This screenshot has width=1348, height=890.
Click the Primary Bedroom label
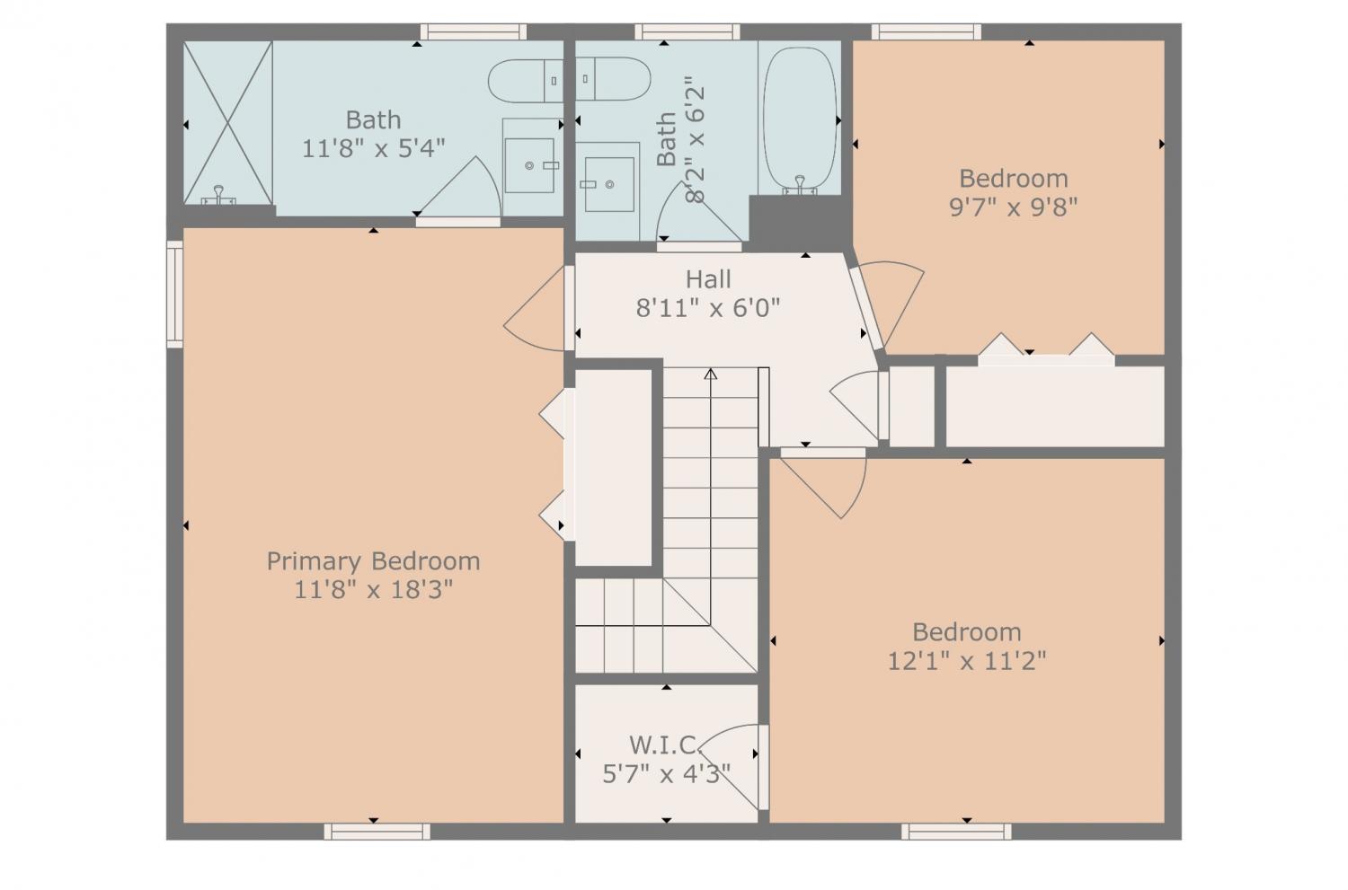click(x=373, y=561)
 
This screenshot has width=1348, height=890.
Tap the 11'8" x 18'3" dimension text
click(x=373, y=590)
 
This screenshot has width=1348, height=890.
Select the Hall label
click(x=708, y=279)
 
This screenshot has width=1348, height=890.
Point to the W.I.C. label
click(x=666, y=745)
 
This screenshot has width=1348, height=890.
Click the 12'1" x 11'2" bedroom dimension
click(x=967, y=662)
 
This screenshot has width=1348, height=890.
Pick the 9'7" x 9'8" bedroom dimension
click(x=1014, y=207)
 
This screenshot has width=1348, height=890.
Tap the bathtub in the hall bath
click(x=800, y=120)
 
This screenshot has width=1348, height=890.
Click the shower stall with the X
click(x=228, y=123)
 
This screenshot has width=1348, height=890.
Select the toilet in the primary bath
click(x=526, y=81)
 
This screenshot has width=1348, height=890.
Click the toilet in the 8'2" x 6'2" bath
click(x=613, y=79)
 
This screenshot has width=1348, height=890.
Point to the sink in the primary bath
click(x=529, y=165)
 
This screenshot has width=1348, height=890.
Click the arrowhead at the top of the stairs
click(x=711, y=374)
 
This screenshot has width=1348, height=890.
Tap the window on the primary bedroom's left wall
click(x=174, y=294)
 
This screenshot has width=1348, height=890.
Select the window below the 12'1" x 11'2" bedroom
click(x=956, y=832)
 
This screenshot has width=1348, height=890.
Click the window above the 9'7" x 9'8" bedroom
click(x=927, y=31)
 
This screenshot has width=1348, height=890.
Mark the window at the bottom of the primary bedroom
click(x=377, y=832)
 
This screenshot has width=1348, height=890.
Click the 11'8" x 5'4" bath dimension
click(x=373, y=148)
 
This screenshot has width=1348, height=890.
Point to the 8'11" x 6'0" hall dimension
click(x=708, y=309)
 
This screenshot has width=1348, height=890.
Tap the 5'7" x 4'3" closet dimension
click(x=666, y=774)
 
